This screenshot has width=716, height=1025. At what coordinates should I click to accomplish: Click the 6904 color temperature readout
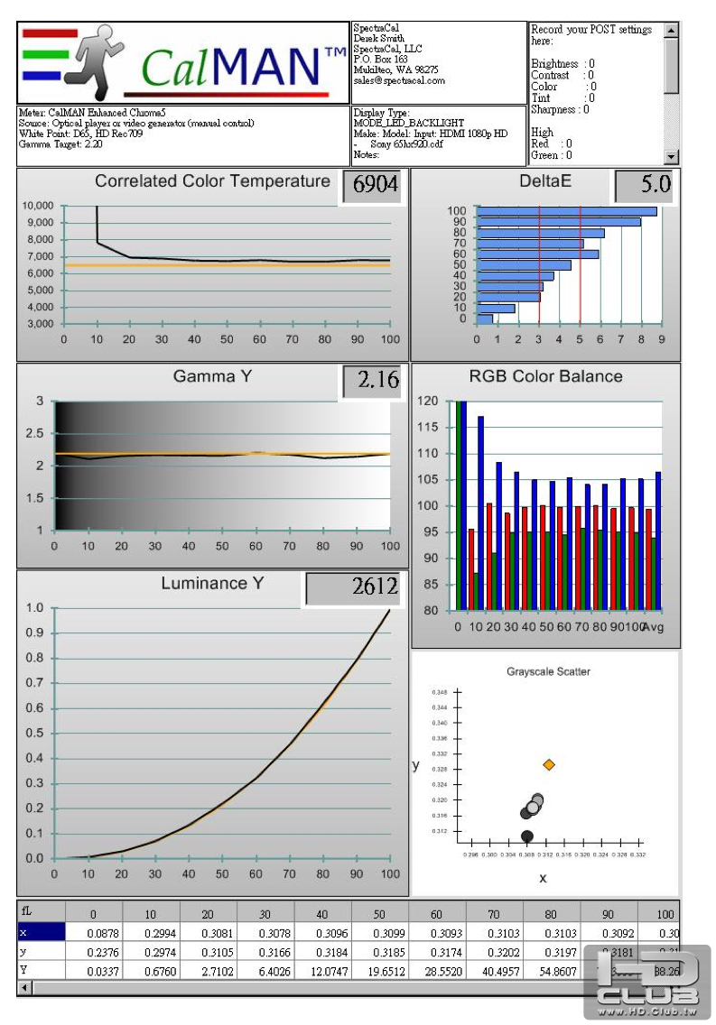(x=375, y=186)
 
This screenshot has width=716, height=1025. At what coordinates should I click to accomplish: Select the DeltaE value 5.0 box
(x=644, y=186)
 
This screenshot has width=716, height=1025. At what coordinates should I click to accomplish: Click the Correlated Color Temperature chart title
(x=212, y=181)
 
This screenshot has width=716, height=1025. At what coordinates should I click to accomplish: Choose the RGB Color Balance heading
(x=545, y=376)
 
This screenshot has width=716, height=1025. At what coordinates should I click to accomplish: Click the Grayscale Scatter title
(x=548, y=672)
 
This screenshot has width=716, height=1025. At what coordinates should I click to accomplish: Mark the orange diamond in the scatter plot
(x=549, y=764)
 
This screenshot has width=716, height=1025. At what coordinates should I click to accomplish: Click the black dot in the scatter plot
(x=527, y=836)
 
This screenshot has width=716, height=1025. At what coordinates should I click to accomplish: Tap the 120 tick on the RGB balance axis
(x=427, y=401)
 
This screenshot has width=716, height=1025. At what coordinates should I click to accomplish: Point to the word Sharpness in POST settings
(x=553, y=109)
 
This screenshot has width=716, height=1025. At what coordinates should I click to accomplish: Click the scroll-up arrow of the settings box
(x=671, y=30)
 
